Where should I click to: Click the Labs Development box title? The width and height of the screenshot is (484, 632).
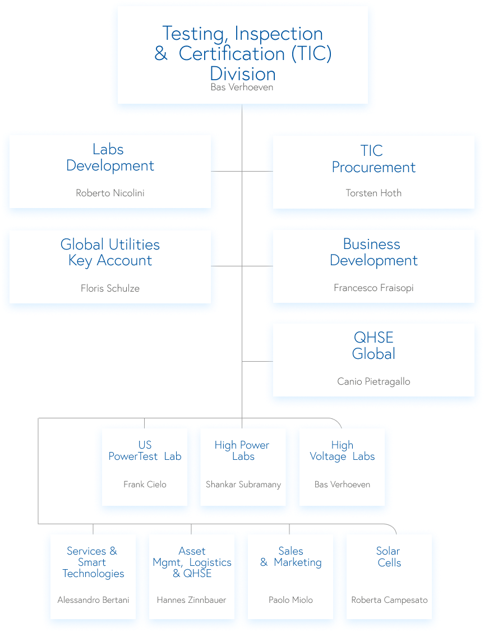(x=110, y=158)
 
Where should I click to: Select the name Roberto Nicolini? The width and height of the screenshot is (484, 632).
(x=110, y=193)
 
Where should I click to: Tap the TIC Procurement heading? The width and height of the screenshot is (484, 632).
(x=374, y=159)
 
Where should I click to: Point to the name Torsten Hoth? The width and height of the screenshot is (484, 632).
(x=374, y=193)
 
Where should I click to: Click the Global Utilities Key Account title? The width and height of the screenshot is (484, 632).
(x=110, y=252)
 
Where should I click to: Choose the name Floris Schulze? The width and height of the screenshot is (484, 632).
(x=110, y=289)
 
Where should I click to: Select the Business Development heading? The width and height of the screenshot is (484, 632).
(x=374, y=252)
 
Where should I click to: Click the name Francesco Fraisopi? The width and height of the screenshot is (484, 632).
(x=374, y=288)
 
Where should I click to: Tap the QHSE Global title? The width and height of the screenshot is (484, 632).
(x=374, y=345)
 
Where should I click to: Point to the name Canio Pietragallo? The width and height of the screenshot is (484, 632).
(x=374, y=382)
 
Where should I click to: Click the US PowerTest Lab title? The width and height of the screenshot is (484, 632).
(x=145, y=451)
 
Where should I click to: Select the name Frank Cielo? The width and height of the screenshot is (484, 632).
(x=145, y=485)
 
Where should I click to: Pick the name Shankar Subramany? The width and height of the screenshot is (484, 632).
(x=243, y=485)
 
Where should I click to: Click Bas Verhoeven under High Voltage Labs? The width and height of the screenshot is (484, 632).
(x=342, y=485)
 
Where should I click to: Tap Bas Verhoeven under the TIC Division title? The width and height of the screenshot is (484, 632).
(x=242, y=87)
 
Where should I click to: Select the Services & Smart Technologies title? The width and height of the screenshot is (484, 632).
(x=93, y=562)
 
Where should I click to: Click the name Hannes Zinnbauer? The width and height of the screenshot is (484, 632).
(x=191, y=600)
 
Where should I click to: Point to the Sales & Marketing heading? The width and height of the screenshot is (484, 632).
(x=291, y=557)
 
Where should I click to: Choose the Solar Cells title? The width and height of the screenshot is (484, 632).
(x=389, y=557)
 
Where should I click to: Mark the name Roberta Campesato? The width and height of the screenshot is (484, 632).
(x=389, y=600)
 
